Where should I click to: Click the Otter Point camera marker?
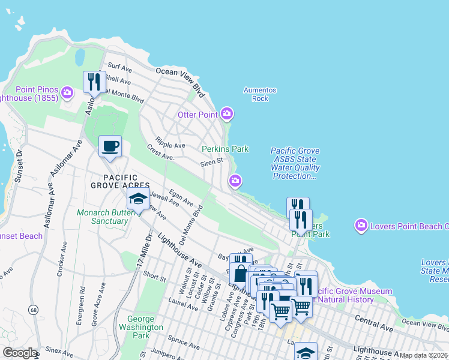(x=226, y=113)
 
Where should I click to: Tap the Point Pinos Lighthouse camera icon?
(x=67, y=92)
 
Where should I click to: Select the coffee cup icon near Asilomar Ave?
(x=110, y=146)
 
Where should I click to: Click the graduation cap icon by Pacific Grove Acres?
(x=138, y=199)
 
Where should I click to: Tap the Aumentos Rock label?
(x=260, y=94)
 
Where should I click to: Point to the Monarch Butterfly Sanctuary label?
(x=102, y=217)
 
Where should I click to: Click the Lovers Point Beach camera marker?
(x=361, y=226)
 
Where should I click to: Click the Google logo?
(x=20, y=353)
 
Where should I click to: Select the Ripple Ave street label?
(x=170, y=145)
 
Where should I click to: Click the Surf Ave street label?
(x=119, y=67)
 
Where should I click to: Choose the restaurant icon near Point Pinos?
(x=94, y=82)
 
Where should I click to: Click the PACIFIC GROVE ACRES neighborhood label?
(x=119, y=182)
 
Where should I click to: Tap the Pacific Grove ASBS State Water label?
(x=295, y=164)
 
